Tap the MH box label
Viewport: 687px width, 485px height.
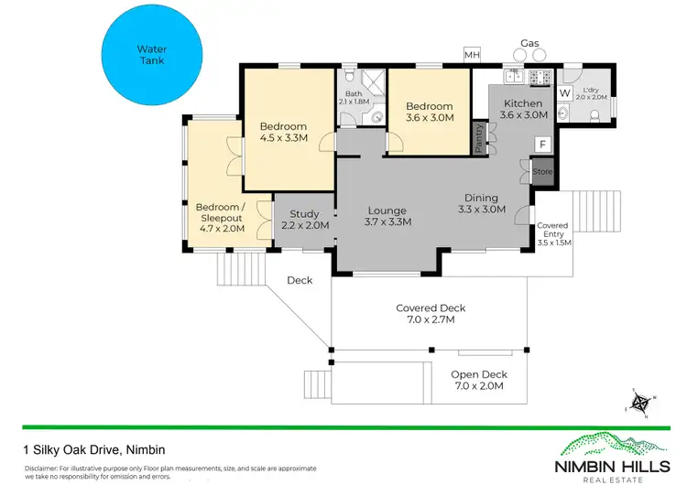pyautogui.click(x=472, y=56)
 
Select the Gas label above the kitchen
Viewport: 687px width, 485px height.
pyautogui.click(x=529, y=43)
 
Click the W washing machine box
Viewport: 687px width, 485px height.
pyautogui.click(x=564, y=92)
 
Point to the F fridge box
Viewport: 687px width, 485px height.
pyautogui.click(x=542, y=145)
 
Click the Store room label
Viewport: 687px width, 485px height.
pyautogui.click(x=542, y=171)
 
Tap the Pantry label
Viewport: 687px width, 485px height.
pyautogui.click(x=478, y=138)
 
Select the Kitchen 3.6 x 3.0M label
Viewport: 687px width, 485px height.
pyautogui.click(x=523, y=110)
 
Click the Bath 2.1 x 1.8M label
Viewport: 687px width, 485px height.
pyautogui.click(x=354, y=97)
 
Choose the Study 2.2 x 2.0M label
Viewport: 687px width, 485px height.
pyautogui.click(x=303, y=220)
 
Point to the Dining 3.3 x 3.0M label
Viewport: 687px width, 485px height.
pyautogui.click(x=481, y=203)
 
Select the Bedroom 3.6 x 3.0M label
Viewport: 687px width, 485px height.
pyautogui.click(x=429, y=112)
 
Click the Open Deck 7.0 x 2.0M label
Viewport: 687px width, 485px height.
pyautogui.click(x=478, y=381)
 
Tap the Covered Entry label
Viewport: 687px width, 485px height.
pyautogui.click(x=552, y=234)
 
